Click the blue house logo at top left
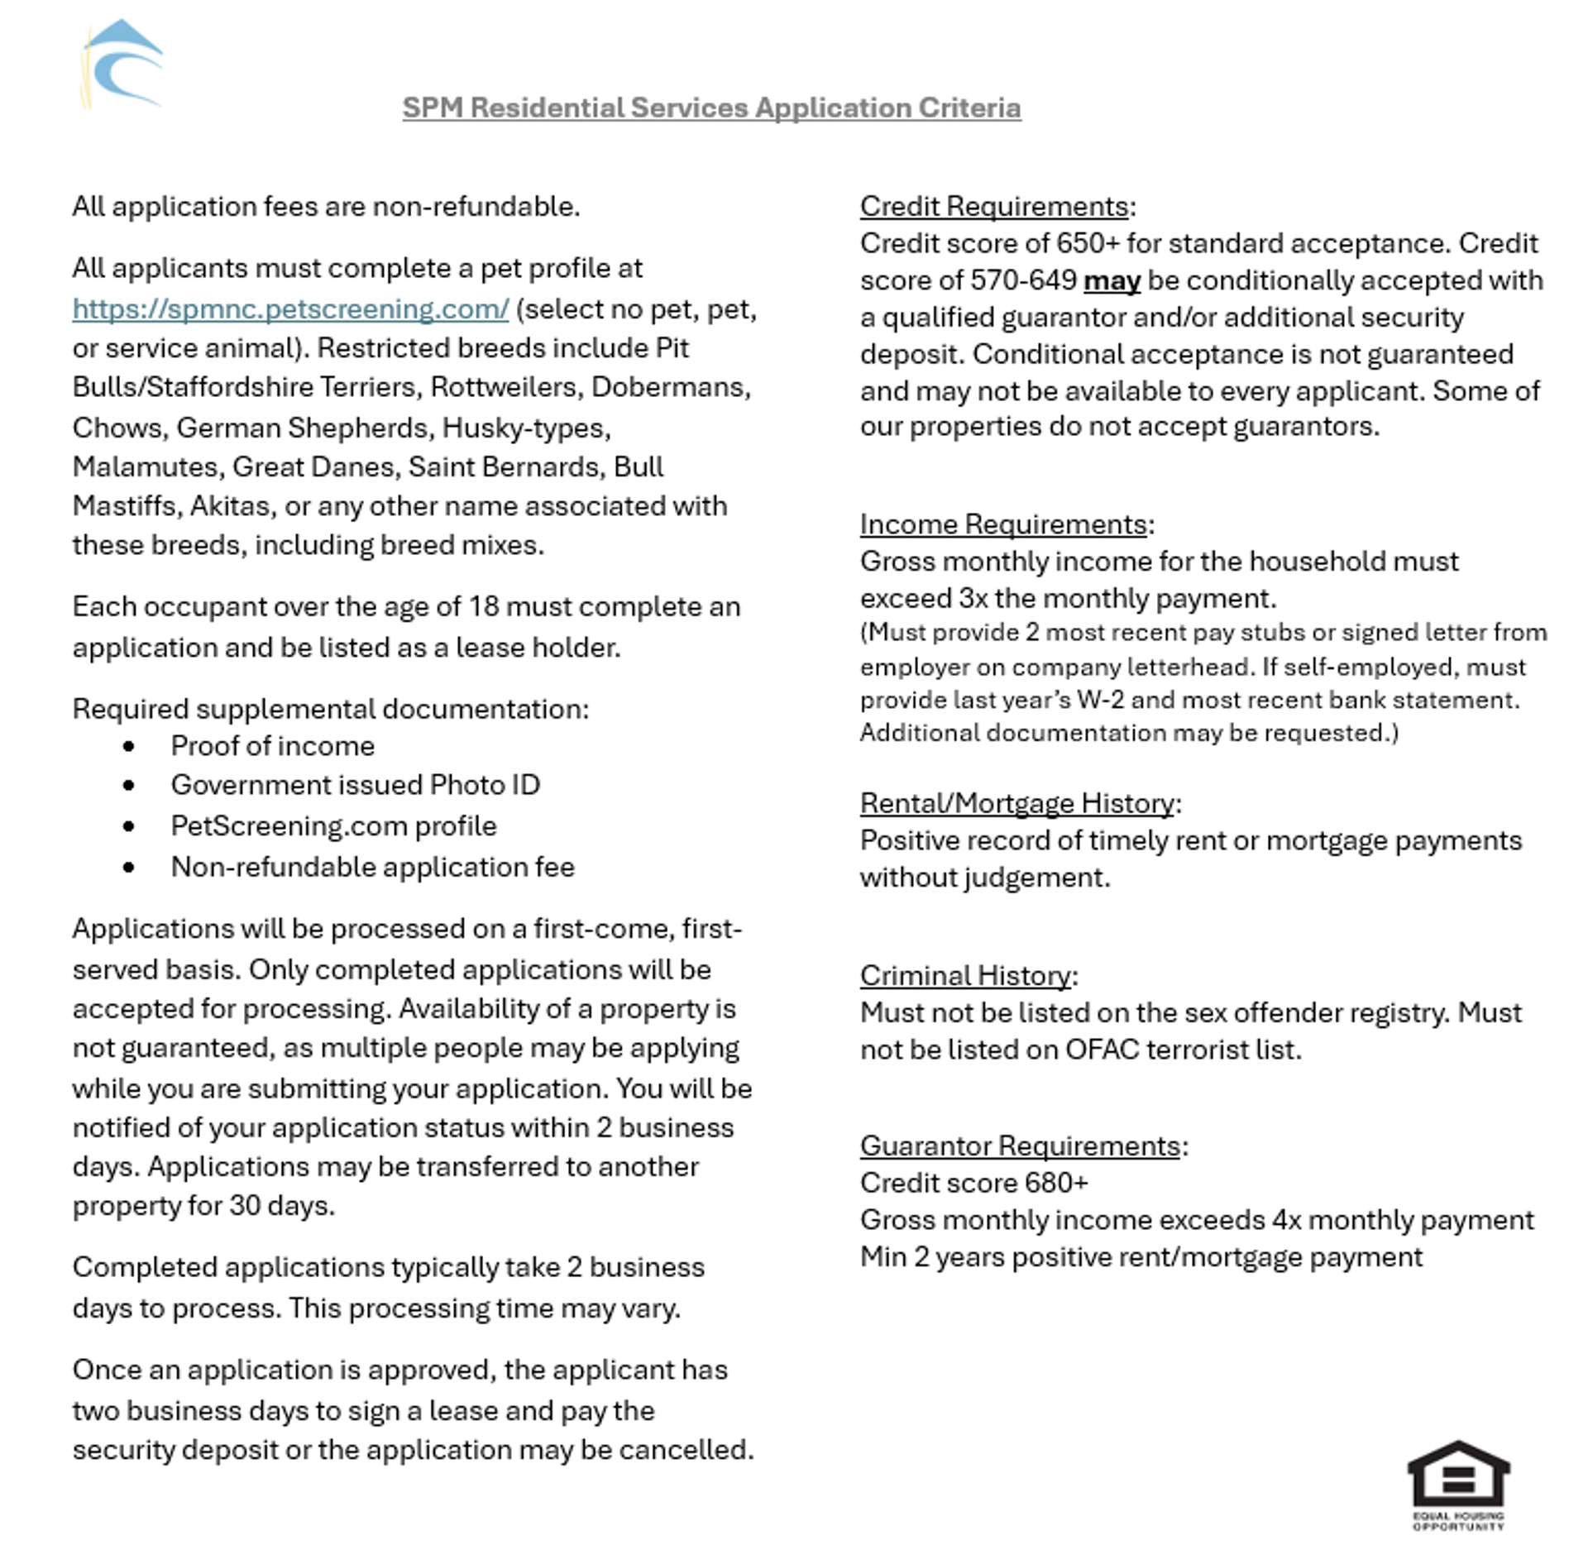(122, 65)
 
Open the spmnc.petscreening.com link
(290, 309)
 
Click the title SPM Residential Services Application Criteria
(711, 108)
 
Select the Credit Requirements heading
(993, 206)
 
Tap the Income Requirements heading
(1002, 524)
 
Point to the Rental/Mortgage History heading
(1016, 803)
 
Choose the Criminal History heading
(964, 976)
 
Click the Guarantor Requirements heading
(1019, 1146)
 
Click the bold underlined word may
(1111, 281)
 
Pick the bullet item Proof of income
(272, 746)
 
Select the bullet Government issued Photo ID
(355, 785)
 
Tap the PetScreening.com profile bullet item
(333, 826)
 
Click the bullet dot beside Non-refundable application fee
(128, 868)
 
